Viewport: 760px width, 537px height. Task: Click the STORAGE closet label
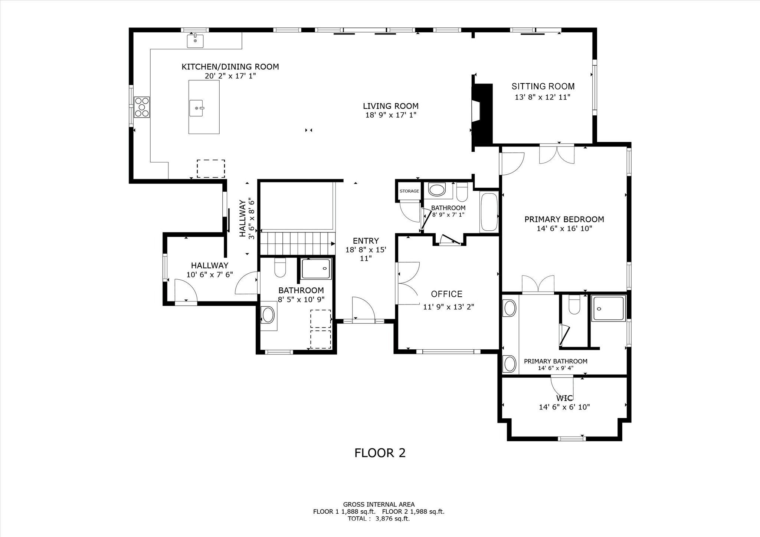[x=409, y=191]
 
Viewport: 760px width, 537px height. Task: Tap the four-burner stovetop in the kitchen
[x=142, y=107]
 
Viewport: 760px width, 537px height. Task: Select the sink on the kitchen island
[x=196, y=108]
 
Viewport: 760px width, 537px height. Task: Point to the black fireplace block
[x=482, y=114]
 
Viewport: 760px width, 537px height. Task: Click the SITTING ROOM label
[x=543, y=86]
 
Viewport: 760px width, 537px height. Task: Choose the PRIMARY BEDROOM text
[x=564, y=219]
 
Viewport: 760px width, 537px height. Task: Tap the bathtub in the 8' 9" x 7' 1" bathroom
[x=489, y=212]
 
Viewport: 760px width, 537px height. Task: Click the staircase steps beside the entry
[x=297, y=243]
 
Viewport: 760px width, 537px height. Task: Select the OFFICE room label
[x=447, y=294]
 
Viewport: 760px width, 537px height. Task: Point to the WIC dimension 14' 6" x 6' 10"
[x=564, y=407]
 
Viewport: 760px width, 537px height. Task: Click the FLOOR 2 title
[x=380, y=453]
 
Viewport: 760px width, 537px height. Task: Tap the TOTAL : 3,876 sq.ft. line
[x=379, y=519]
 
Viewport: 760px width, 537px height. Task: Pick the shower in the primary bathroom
[x=609, y=308]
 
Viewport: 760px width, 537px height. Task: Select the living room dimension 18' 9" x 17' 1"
[x=391, y=115]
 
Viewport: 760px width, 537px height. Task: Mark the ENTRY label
[x=366, y=241]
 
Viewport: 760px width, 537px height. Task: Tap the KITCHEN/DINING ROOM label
[x=230, y=67]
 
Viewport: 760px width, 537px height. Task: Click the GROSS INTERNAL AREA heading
[x=379, y=504]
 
